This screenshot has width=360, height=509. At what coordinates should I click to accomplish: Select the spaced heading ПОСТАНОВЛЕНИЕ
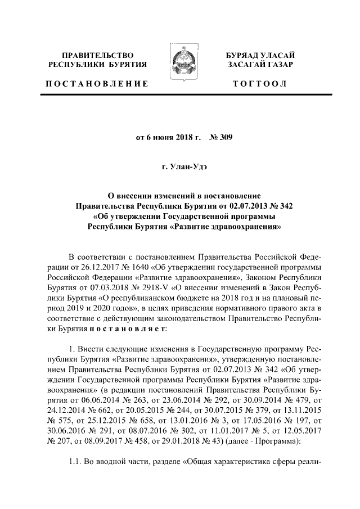pyautogui.click(x=97, y=84)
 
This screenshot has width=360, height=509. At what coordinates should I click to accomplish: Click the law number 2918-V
pyautogui.click(x=149, y=286)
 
